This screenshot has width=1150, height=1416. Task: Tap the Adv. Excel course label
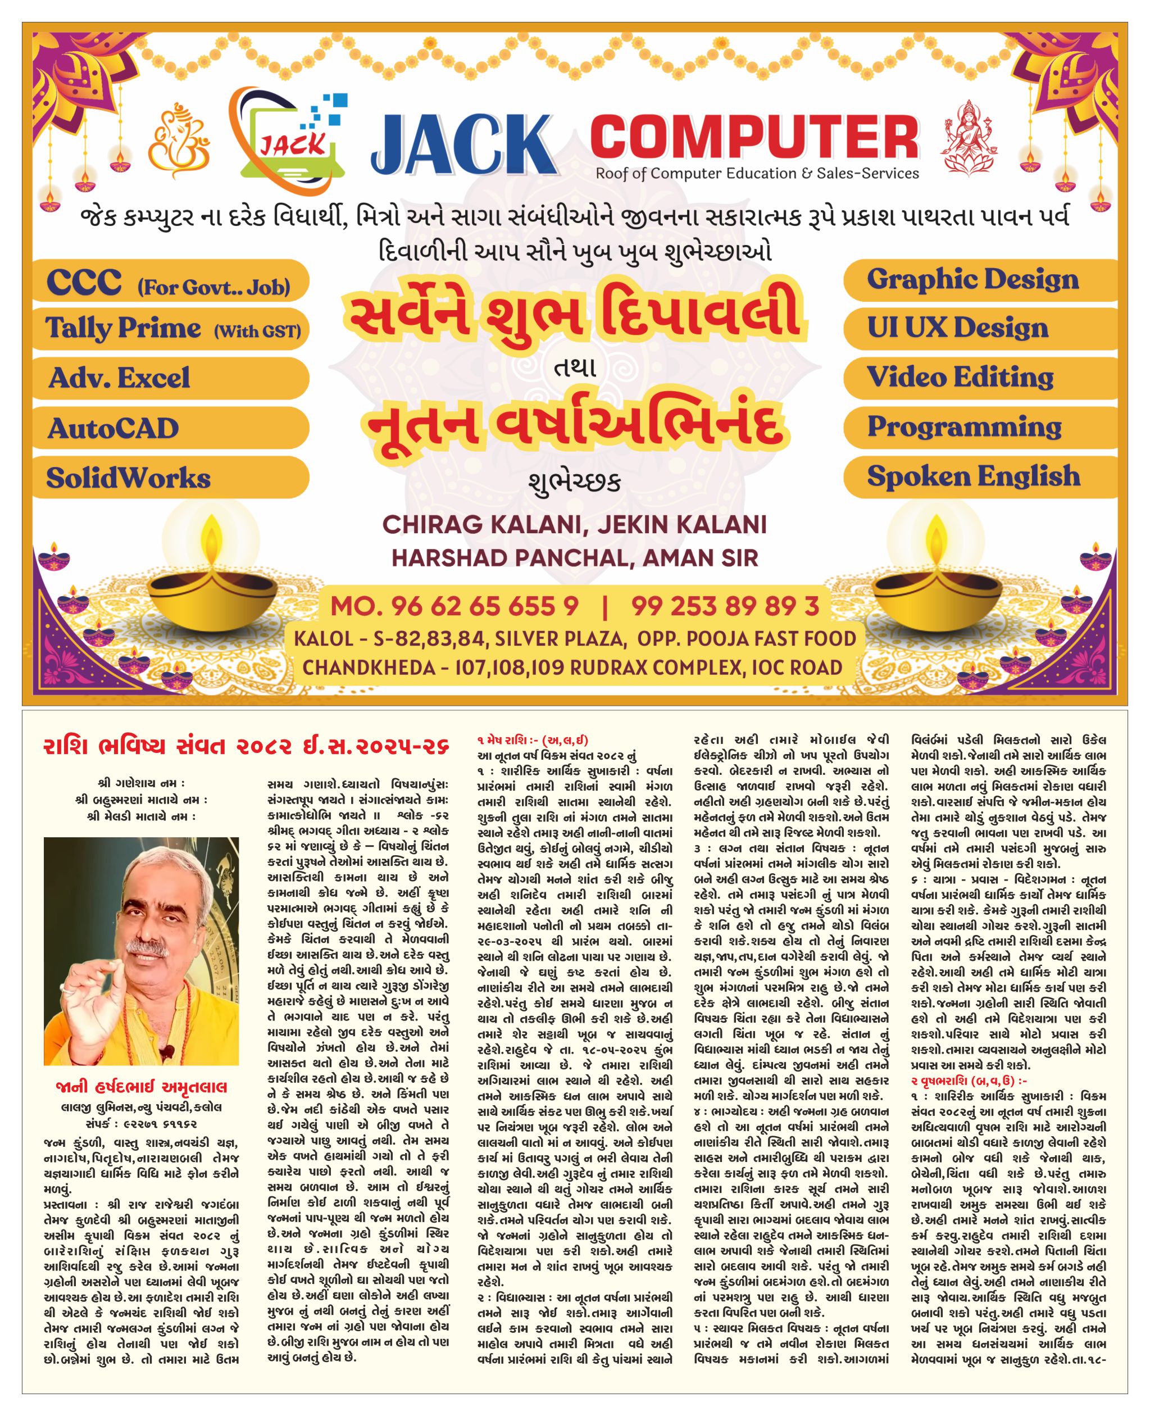pos(119,378)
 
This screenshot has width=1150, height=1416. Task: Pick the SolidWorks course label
pos(129,478)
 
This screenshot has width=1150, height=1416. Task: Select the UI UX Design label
pos(957,328)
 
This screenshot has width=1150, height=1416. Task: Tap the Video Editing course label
pos(960,377)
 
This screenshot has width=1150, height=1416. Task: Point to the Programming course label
pos(964,426)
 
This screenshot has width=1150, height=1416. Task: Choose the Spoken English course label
pos(973,476)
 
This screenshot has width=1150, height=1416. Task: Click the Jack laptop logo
pos(292,136)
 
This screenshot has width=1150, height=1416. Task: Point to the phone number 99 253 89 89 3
pos(725,606)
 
